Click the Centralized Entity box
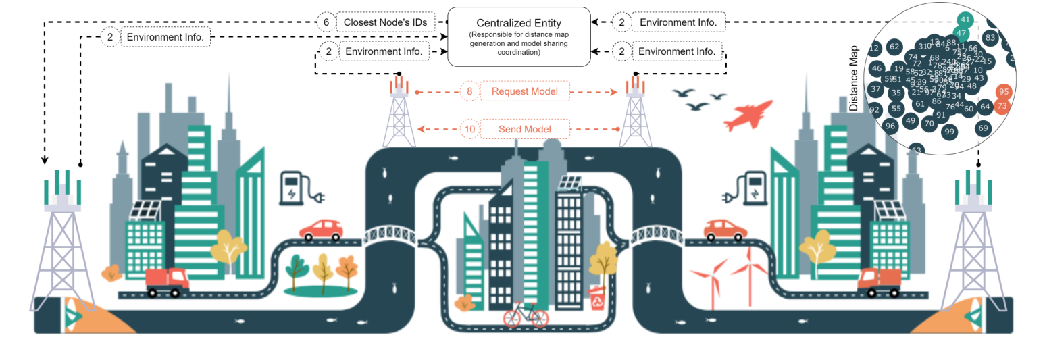[519, 37]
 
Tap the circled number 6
[326, 22]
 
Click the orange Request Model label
[524, 91]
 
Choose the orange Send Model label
[524, 129]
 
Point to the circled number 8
[469, 91]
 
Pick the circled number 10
[469, 129]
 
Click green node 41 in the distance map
[965, 20]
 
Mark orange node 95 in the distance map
[1003, 91]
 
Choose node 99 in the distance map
[949, 131]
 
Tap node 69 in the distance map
[983, 128]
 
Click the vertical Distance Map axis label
[853, 78]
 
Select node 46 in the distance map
[877, 68]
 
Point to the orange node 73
[1002, 106]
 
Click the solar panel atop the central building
[571, 183]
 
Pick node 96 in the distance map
[890, 126]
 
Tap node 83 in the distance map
[990, 37]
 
